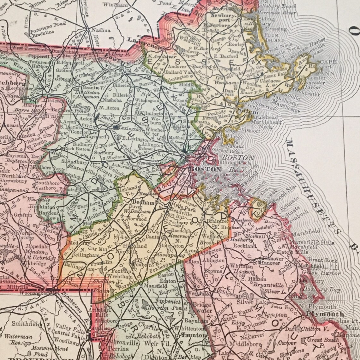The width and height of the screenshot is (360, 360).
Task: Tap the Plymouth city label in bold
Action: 325,314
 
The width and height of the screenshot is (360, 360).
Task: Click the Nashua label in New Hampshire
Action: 101,30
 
